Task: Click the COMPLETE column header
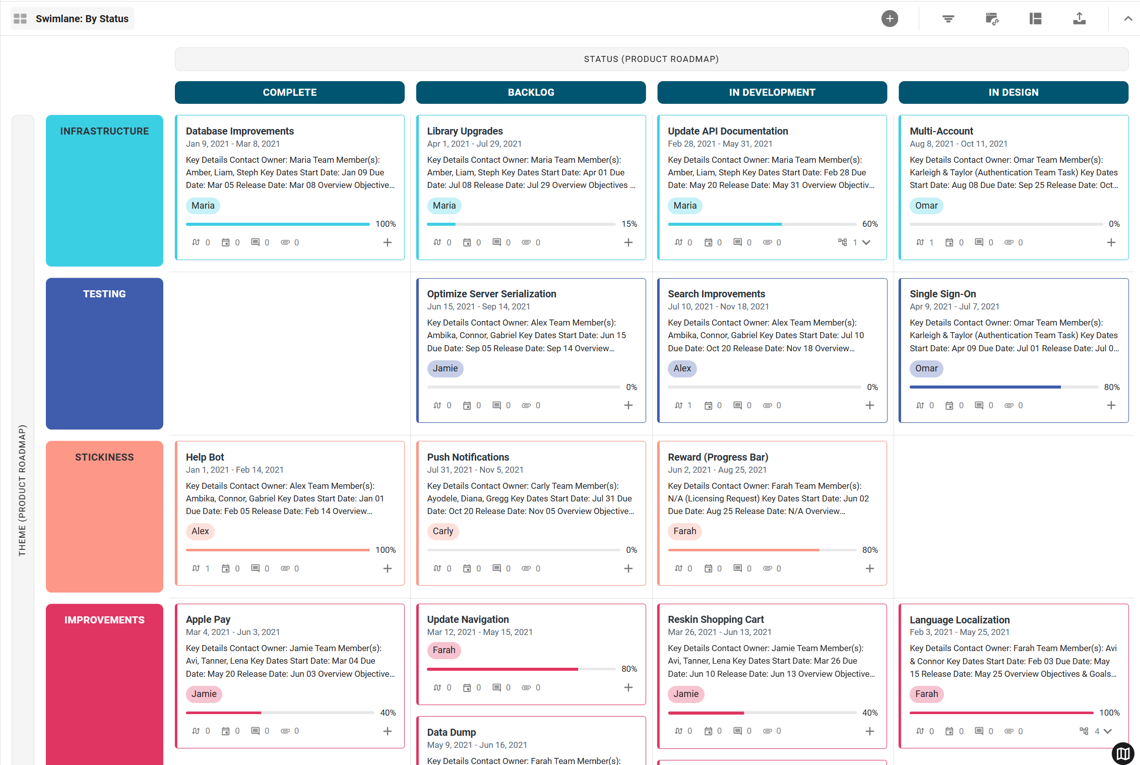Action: pos(289,92)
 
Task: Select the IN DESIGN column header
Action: pos(1013,92)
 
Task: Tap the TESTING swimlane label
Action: pos(104,294)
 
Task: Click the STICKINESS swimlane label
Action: pos(104,457)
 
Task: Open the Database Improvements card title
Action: pos(239,131)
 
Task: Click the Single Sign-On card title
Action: pos(942,294)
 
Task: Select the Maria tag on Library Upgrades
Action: pos(444,206)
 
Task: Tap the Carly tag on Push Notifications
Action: pos(442,531)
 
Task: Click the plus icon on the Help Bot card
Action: pos(387,568)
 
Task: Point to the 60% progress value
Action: pos(870,224)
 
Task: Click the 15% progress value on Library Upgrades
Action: pos(629,224)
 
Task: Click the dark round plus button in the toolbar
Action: pos(890,19)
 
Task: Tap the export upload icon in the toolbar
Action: pos(1079,19)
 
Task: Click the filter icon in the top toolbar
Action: pos(948,19)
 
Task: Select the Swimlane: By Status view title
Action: pos(82,19)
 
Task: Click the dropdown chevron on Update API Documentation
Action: pos(866,242)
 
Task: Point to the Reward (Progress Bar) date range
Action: pos(717,470)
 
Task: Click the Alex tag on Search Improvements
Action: pos(682,368)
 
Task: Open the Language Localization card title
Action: pos(959,620)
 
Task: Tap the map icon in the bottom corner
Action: pos(1123,753)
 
